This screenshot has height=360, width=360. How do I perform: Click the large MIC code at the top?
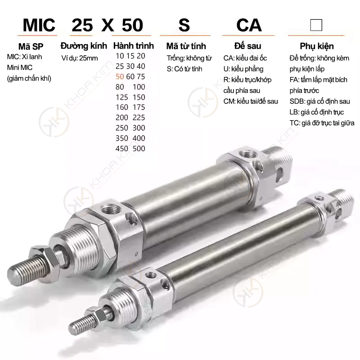(39, 25)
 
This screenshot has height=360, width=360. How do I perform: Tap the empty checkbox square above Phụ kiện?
(316, 25)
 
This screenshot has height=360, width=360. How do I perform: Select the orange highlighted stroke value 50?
(120, 76)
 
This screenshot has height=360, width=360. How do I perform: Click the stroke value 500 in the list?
(139, 148)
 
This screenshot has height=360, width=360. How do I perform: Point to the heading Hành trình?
(133, 46)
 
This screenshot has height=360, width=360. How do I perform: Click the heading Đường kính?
(84, 46)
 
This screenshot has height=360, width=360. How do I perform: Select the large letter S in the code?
(184, 25)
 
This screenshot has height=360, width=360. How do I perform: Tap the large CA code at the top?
(249, 25)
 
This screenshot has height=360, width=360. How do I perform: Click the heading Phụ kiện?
(317, 46)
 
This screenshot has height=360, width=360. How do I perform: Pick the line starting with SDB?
(319, 101)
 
